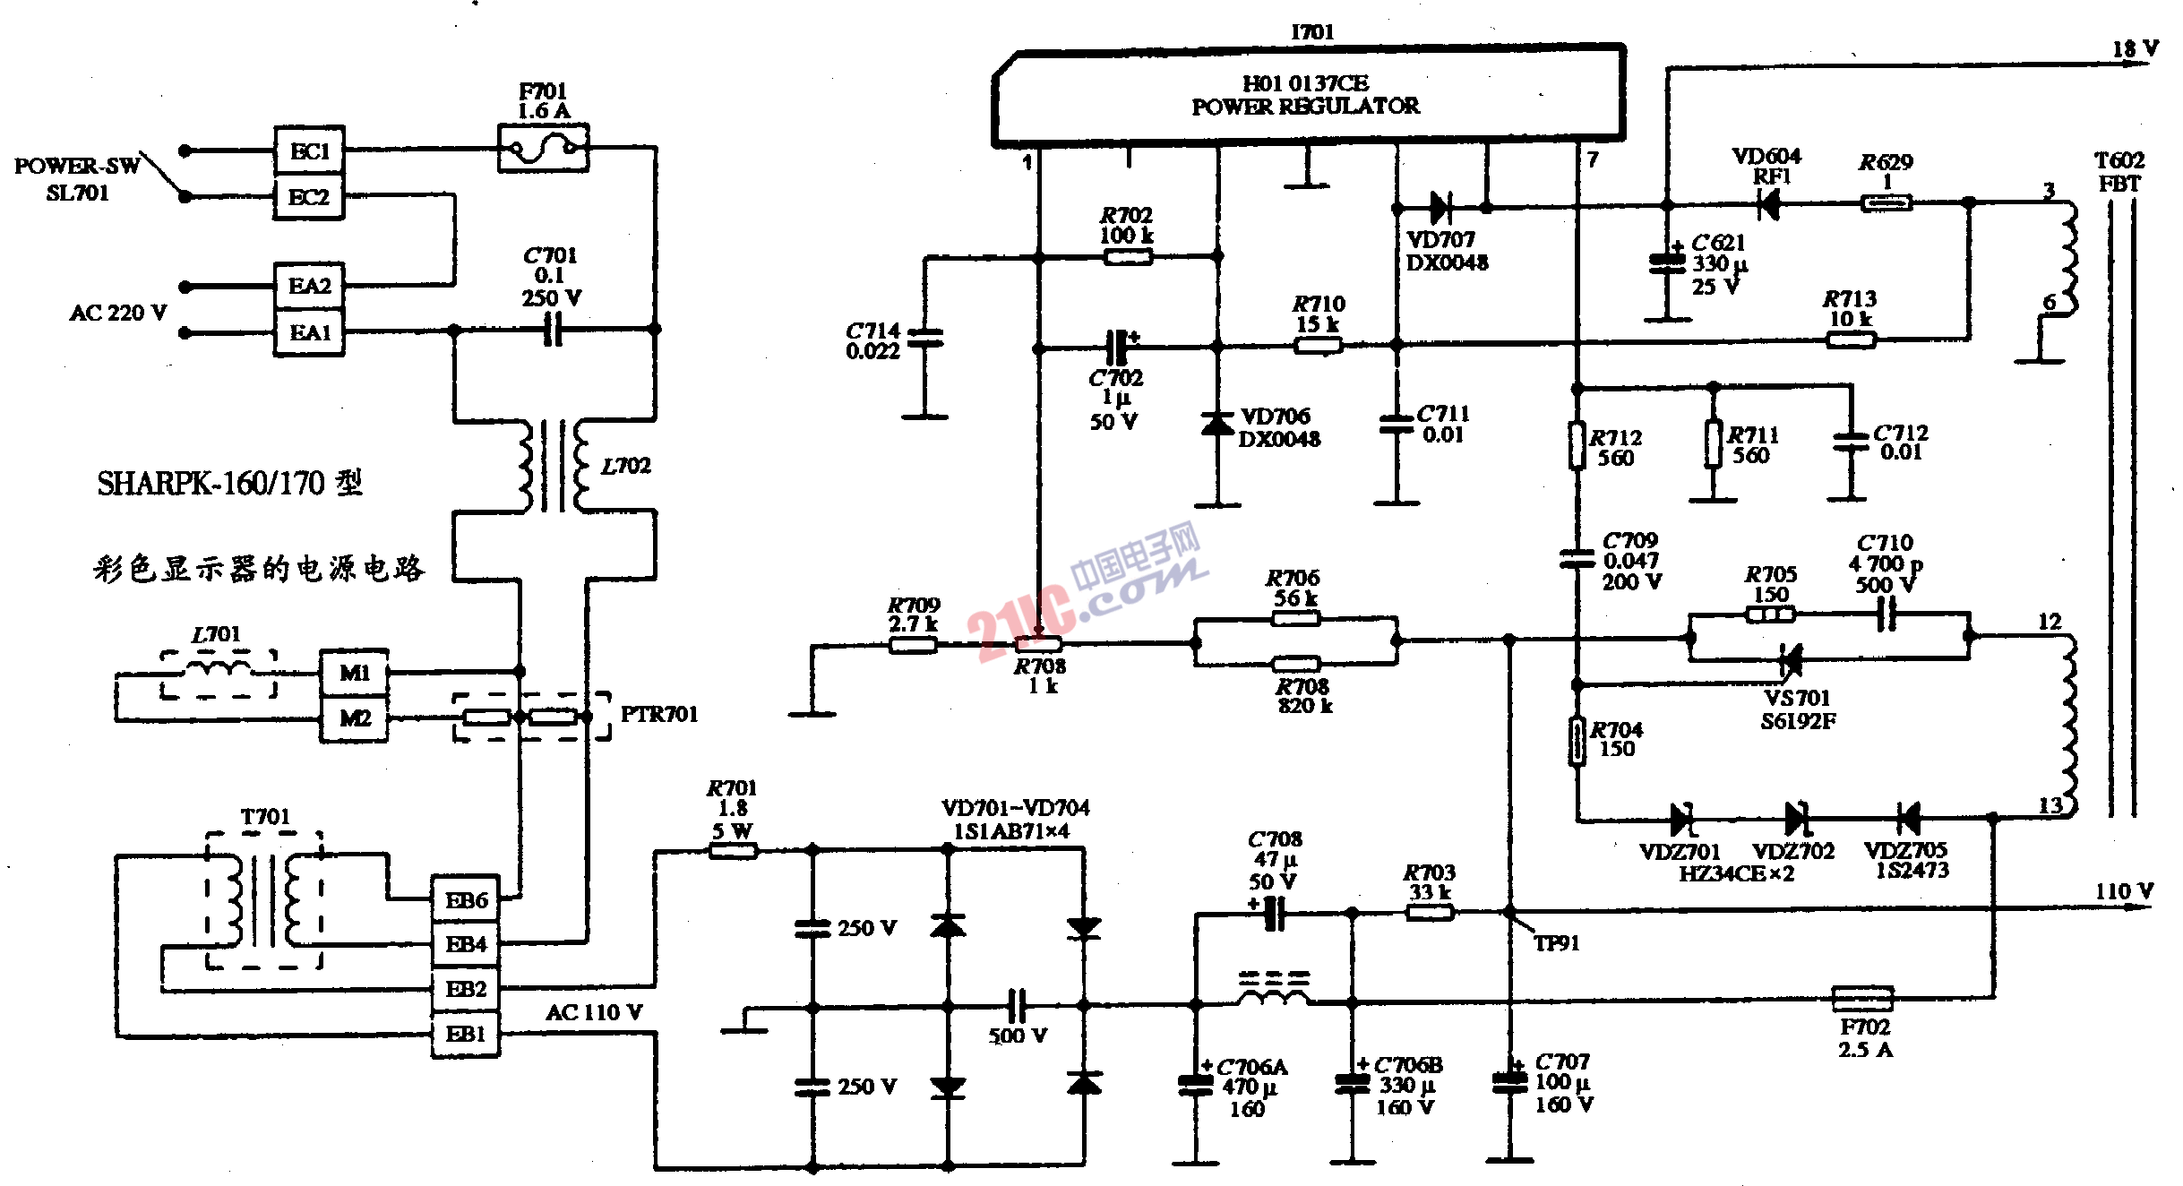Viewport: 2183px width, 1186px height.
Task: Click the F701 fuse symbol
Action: click(543, 148)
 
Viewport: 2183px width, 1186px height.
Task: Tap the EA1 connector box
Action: click(309, 333)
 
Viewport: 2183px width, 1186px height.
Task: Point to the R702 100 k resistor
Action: click(1128, 257)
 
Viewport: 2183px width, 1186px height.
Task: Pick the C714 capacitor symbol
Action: click(925, 338)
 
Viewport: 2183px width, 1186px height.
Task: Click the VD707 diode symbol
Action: click(1440, 208)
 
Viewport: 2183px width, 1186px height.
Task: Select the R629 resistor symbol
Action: click(1886, 203)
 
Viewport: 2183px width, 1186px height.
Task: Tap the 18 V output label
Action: click(2135, 49)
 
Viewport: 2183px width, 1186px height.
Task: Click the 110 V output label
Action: click(2123, 891)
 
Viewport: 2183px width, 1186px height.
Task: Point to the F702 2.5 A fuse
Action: click(1863, 998)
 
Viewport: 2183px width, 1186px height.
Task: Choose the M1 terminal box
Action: click(355, 673)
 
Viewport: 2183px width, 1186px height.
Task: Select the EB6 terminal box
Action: click(466, 900)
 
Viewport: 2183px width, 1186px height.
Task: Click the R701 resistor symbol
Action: click(734, 851)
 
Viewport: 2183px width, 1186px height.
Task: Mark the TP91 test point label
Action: click(1556, 943)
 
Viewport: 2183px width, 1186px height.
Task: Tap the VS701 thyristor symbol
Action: click(1791, 661)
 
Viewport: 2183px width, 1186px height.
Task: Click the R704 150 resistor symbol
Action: click(1577, 742)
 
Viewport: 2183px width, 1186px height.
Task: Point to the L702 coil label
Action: click(625, 466)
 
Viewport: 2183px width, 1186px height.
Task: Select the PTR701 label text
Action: click(658, 714)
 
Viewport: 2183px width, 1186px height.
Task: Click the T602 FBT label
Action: click(2119, 172)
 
